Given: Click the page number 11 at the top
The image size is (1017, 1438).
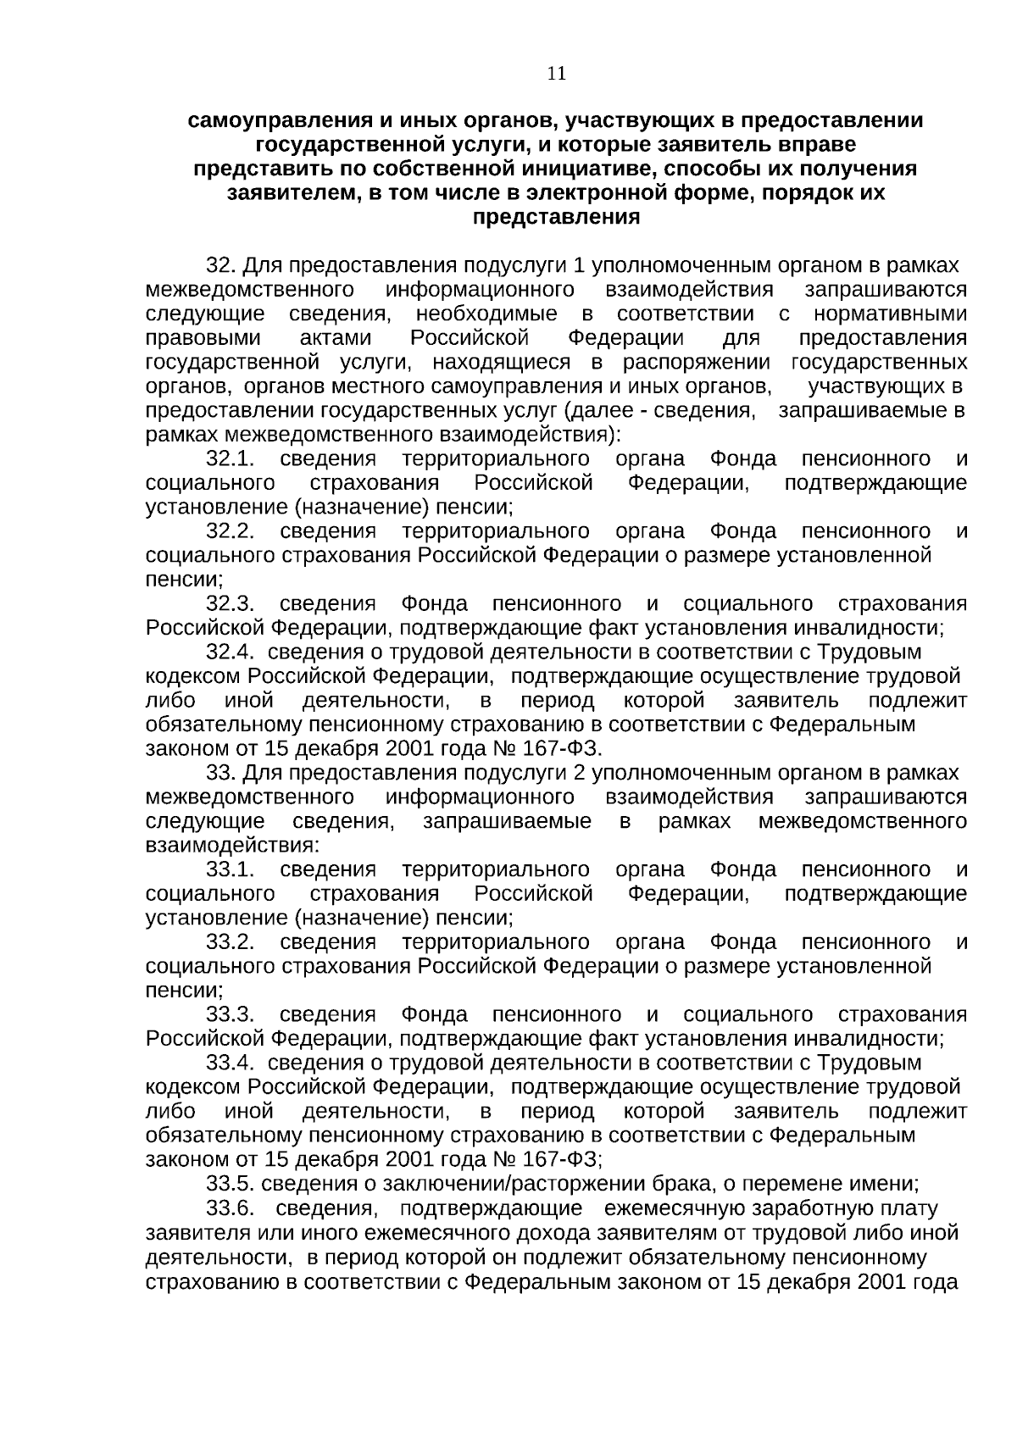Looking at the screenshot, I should (x=556, y=74).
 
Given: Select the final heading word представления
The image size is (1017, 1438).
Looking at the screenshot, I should (x=555, y=217).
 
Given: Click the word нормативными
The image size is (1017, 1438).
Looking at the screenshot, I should (x=890, y=314).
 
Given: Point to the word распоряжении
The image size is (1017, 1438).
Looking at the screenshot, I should (x=697, y=363).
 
